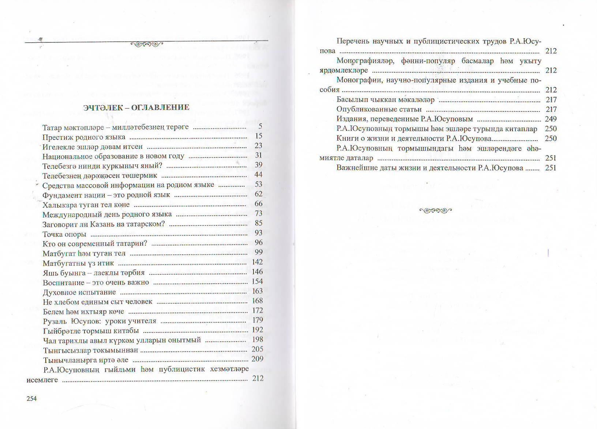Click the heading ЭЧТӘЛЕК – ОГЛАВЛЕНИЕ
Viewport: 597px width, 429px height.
coord(136,107)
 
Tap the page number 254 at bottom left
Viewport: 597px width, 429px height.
coord(32,399)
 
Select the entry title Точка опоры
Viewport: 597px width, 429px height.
coord(64,234)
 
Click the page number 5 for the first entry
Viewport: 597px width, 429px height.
coord(260,126)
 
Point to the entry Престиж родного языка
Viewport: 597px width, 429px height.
coord(84,137)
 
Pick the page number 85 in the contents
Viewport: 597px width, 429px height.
coord(259,223)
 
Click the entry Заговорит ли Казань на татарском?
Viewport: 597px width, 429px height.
coord(104,224)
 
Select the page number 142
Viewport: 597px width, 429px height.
coord(257,262)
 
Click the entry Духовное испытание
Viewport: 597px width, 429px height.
coord(79,292)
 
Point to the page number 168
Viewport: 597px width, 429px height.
coord(258,300)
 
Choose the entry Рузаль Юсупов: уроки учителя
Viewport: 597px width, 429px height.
coord(99,321)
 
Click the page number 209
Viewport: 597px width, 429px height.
coord(258,359)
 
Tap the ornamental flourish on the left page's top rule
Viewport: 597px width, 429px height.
coord(147,44)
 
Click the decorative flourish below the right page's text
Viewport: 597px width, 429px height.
coord(435,210)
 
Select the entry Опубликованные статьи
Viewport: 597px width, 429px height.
coord(379,109)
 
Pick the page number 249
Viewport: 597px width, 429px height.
coord(551,119)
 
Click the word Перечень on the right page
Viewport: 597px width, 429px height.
coord(353,41)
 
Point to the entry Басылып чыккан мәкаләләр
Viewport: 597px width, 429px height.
coord(386,99)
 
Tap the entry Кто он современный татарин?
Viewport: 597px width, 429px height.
coord(95,243)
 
